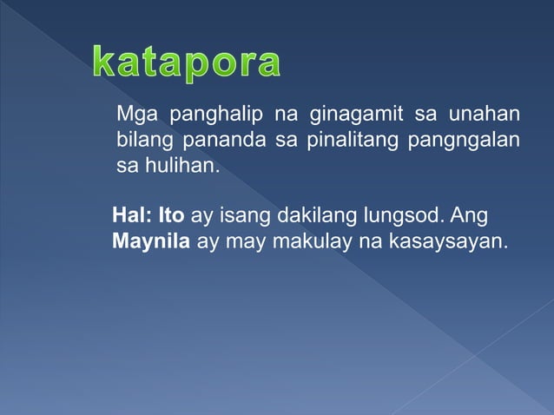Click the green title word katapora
187,63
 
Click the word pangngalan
463,140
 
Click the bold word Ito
170,215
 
